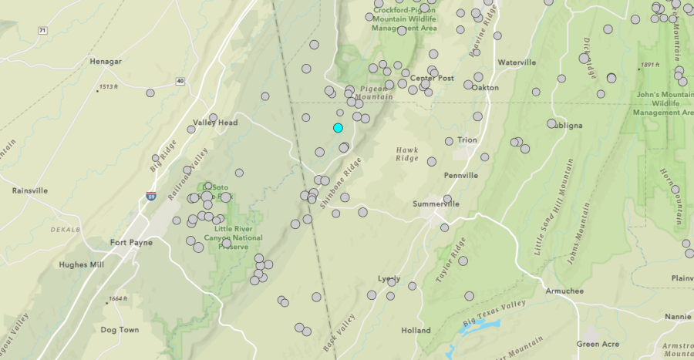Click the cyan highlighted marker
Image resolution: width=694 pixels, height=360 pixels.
[x=338, y=127]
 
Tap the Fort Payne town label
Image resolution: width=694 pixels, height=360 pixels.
[x=131, y=243]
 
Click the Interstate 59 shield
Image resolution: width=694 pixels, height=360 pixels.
[x=151, y=197]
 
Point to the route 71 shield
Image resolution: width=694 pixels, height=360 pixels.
[x=42, y=30]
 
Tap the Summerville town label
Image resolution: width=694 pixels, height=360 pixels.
[x=436, y=204]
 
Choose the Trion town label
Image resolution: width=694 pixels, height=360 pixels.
[x=467, y=140]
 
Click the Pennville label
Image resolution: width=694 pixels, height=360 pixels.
[x=462, y=175]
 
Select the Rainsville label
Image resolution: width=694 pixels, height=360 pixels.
[x=30, y=190]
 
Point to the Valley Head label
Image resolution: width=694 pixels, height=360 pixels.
[x=215, y=123]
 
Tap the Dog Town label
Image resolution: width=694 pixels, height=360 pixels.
[x=120, y=330]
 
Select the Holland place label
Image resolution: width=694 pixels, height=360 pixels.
[x=416, y=330]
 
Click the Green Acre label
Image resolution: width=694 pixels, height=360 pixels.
[x=599, y=344]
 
